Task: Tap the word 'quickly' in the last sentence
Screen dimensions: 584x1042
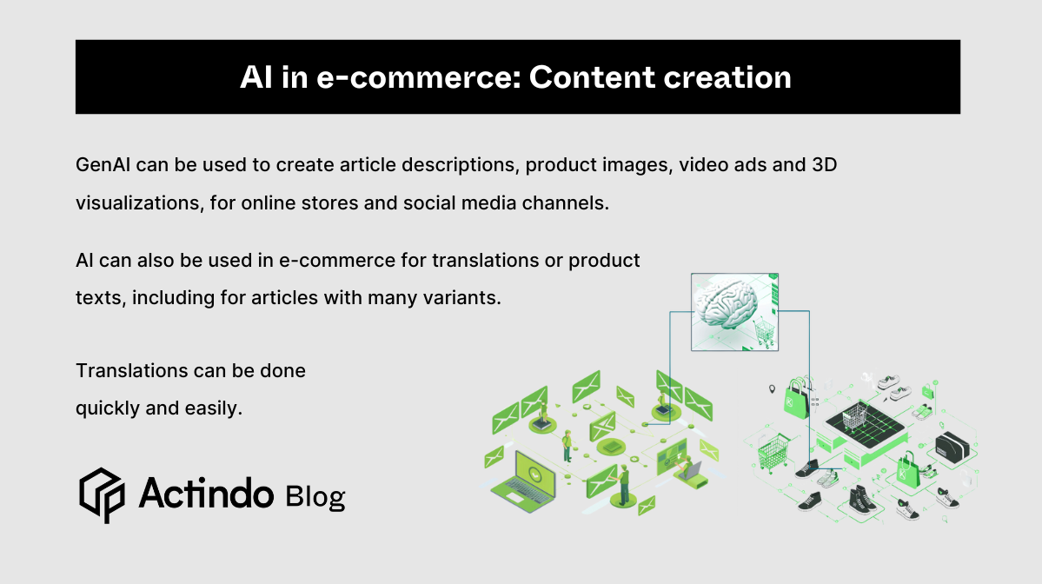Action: [x=109, y=407]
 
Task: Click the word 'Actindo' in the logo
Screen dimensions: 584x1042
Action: [x=206, y=494]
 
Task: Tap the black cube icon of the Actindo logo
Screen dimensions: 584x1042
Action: [x=103, y=494]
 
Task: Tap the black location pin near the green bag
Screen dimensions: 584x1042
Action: [x=771, y=389]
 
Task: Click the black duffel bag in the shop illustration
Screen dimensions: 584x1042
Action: [x=952, y=447]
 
